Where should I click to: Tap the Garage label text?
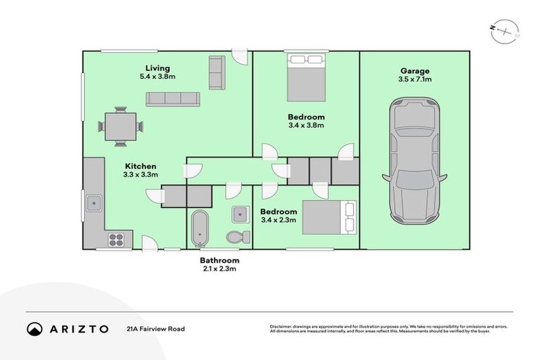[x=415, y=70]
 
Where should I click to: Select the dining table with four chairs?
[x=120, y=127]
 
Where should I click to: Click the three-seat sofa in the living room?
[x=173, y=99]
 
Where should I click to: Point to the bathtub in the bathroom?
[x=199, y=227]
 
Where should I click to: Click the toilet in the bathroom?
[x=238, y=236]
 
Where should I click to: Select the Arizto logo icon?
[x=35, y=328]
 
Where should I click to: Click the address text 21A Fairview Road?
[x=155, y=328]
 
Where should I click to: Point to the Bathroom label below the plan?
[x=219, y=260]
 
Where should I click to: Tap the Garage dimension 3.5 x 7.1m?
[x=415, y=79]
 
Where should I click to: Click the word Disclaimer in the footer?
[x=281, y=326]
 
